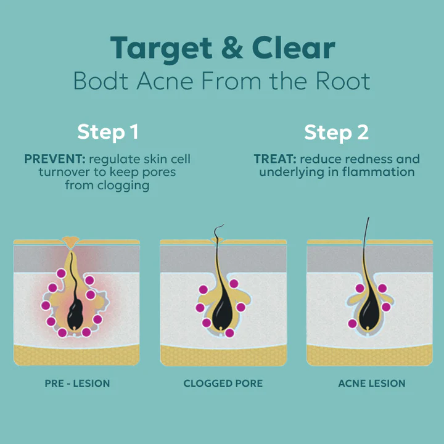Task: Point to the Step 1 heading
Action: (107, 132)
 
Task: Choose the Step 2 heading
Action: (336, 132)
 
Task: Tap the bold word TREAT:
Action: (274, 159)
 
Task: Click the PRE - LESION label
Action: (77, 384)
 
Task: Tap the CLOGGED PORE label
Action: (223, 384)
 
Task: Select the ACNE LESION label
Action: (372, 384)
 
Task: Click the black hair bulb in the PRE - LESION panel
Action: (76, 314)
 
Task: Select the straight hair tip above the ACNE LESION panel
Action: (368, 221)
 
